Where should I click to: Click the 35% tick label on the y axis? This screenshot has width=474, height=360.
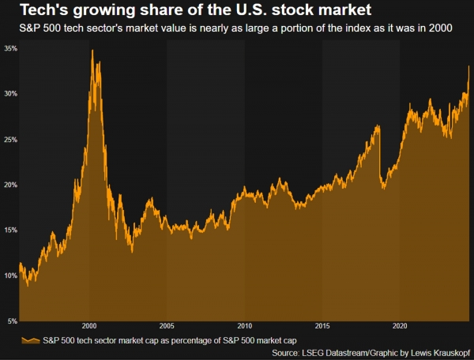(x=9, y=48)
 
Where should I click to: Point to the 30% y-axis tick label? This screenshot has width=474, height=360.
(x=9, y=94)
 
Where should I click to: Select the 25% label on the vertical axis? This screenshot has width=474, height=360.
(x=9, y=140)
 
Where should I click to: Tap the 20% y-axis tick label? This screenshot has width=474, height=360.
(x=9, y=185)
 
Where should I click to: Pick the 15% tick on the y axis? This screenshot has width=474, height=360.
(x=9, y=231)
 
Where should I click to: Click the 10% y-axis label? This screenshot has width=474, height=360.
(x=9, y=276)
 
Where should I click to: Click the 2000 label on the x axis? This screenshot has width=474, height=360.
(x=89, y=325)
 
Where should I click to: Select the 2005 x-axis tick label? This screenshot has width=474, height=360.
(x=167, y=325)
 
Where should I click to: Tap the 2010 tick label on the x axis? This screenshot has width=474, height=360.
(x=244, y=325)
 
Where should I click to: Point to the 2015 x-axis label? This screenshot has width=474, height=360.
(x=322, y=325)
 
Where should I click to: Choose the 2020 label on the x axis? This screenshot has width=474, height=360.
(x=400, y=325)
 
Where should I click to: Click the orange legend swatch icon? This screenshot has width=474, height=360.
(x=29, y=339)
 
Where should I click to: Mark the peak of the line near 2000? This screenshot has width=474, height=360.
(x=92, y=50)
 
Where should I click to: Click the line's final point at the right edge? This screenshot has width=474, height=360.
(x=469, y=66)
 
